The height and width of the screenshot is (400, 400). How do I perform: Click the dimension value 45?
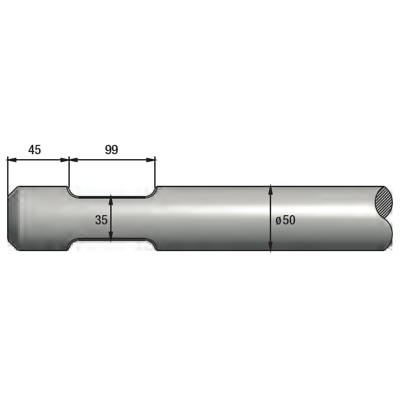(35, 150)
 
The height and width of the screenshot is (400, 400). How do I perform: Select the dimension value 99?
(112, 150)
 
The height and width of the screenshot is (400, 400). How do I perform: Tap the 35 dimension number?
(101, 220)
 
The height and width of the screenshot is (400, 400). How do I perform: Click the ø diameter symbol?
(278, 220)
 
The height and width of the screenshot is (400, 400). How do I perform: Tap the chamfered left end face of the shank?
(12, 218)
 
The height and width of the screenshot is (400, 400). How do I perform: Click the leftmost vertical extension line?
(8, 173)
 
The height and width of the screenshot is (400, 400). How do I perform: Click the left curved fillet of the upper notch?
(72, 193)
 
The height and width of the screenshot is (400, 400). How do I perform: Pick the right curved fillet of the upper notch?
(152, 193)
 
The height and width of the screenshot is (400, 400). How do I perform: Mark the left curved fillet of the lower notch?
(72, 244)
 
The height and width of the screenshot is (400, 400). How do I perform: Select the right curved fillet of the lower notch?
(152, 244)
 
